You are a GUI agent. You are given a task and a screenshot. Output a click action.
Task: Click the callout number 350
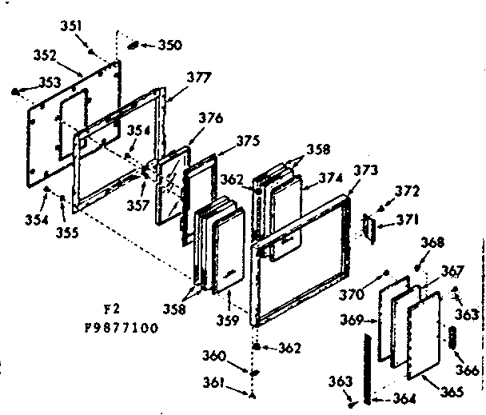click(x=169, y=44)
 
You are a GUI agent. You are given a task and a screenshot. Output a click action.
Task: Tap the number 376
click(x=211, y=118)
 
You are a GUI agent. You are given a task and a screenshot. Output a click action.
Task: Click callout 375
click(x=249, y=140)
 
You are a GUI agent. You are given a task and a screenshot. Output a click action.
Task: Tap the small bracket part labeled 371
click(x=368, y=226)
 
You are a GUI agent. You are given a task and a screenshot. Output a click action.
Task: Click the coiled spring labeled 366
click(x=452, y=337)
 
